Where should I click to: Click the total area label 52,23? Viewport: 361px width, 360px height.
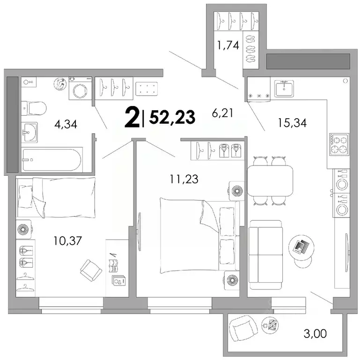click(x=172, y=118)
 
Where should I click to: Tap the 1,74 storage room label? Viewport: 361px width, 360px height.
click(x=228, y=45)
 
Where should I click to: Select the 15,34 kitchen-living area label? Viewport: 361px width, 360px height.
click(x=292, y=123)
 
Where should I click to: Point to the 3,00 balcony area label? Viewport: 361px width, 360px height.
click(x=315, y=333)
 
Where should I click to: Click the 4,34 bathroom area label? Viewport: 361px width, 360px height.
click(x=66, y=125)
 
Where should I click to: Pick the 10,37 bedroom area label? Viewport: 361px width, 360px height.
click(x=68, y=241)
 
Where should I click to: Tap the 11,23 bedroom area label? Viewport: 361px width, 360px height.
click(x=184, y=179)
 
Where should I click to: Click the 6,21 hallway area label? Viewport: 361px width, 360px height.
click(x=222, y=113)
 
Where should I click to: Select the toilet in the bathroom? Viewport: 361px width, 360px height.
click(x=34, y=108)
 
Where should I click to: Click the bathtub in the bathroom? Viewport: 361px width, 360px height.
click(x=52, y=160)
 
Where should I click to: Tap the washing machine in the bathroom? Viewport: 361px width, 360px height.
click(x=81, y=89)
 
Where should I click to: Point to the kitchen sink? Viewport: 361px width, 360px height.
click(x=284, y=89)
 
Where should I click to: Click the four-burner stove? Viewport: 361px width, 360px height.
click(x=339, y=144)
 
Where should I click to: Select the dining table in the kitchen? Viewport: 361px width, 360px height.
click(x=270, y=180)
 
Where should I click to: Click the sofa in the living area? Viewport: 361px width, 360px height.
click(x=266, y=255)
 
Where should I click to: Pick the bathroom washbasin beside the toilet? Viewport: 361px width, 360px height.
click(x=29, y=132)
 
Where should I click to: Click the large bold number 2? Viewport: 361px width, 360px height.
click(x=132, y=118)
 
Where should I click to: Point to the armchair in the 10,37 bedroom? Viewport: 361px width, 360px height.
click(x=91, y=270)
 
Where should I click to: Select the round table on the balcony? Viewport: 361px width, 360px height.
click(x=270, y=325)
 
